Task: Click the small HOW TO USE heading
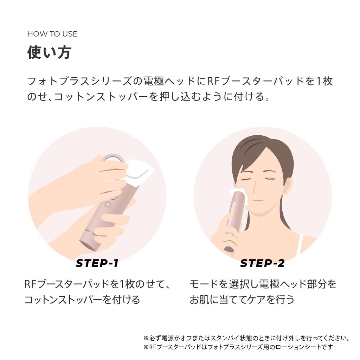pos(52,34)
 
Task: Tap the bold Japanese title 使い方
pos(49,52)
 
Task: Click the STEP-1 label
pos(97,263)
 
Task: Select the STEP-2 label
pos(262,263)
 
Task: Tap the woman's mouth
pos(258,200)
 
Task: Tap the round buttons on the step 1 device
pos(108,200)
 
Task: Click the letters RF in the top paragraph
pos(214,81)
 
